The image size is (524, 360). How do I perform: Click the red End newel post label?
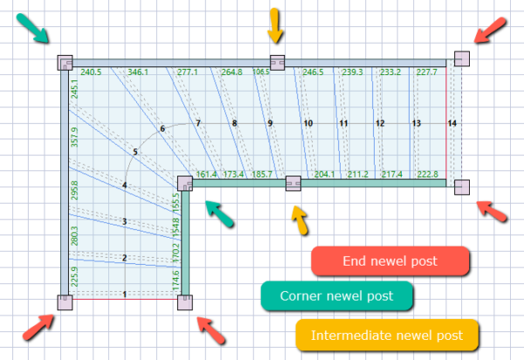tap(390, 260)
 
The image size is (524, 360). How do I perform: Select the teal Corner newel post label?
tap(336, 296)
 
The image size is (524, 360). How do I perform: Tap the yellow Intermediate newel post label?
tap(388, 334)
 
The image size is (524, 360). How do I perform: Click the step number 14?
tap(452, 124)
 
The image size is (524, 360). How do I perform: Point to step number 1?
tap(126, 294)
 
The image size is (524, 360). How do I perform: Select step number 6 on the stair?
tap(162, 129)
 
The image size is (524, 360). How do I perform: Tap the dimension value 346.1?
tap(138, 72)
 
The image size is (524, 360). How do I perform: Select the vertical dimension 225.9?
tap(74, 277)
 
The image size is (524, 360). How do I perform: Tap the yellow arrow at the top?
tap(275, 24)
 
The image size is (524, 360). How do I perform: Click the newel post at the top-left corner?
tap(64, 63)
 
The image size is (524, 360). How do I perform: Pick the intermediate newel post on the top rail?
tap(277, 62)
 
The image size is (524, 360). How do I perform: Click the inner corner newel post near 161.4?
tap(184, 183)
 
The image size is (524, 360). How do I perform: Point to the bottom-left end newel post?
tap(64, 302)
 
